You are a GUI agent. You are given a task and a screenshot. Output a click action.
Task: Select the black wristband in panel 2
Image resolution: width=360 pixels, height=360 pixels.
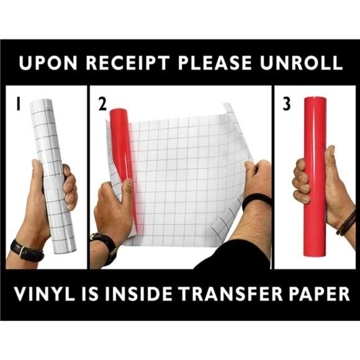click(x=256, y=200)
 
